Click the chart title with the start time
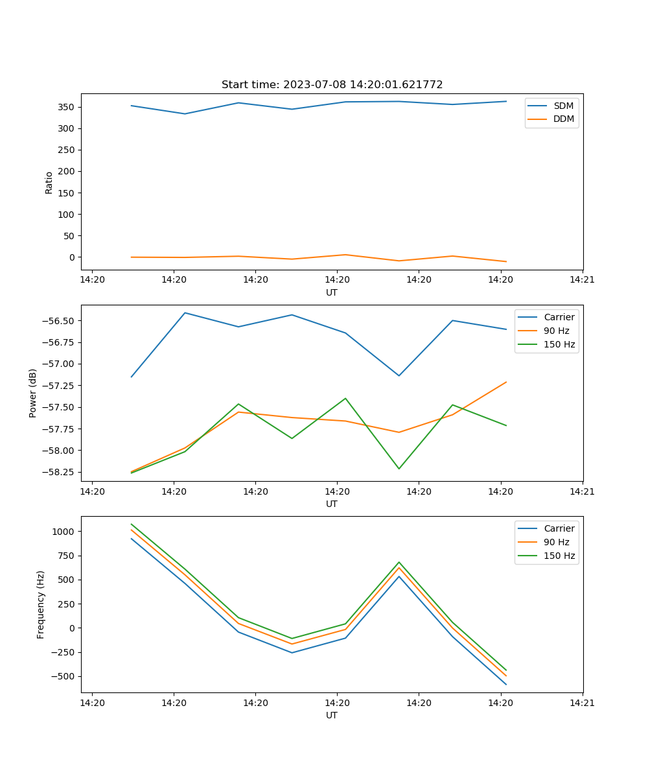point(332,85)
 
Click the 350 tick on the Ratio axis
point(67,107)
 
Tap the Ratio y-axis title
point(49,182)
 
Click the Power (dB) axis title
point(33,393)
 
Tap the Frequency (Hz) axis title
point(41,604)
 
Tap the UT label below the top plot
point(332,292)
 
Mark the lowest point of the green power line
point(399,469)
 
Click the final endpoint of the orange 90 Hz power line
point(506,382)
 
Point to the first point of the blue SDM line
point(132,106)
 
